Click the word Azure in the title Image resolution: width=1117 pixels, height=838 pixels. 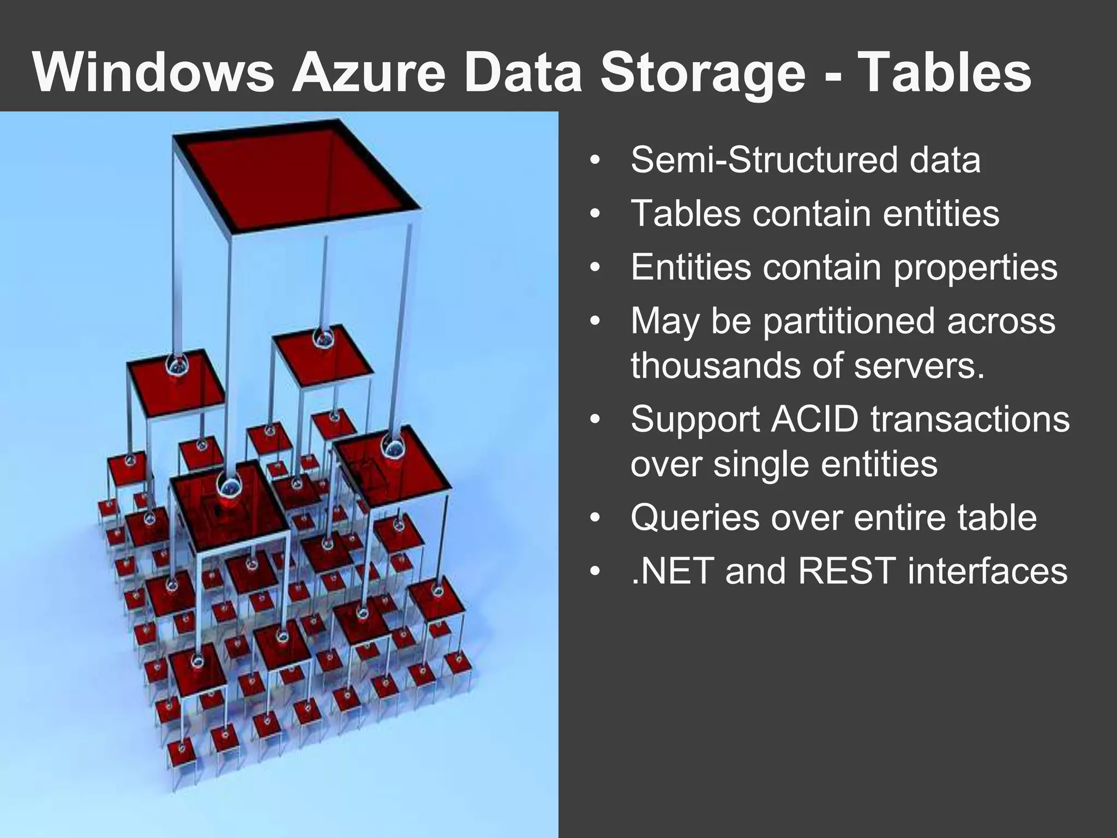pyautogui.click(x=369, y=73)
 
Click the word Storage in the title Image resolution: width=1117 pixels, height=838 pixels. pyautogui.click(x=703, y=73)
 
